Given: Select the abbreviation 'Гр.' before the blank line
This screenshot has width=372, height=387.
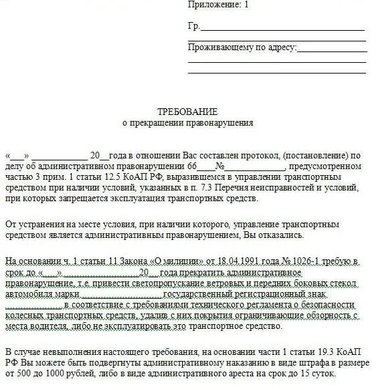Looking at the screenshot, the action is click(x=193, y=27).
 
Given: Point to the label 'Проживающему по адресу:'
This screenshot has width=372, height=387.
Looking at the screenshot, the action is click(x=242, y=47).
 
